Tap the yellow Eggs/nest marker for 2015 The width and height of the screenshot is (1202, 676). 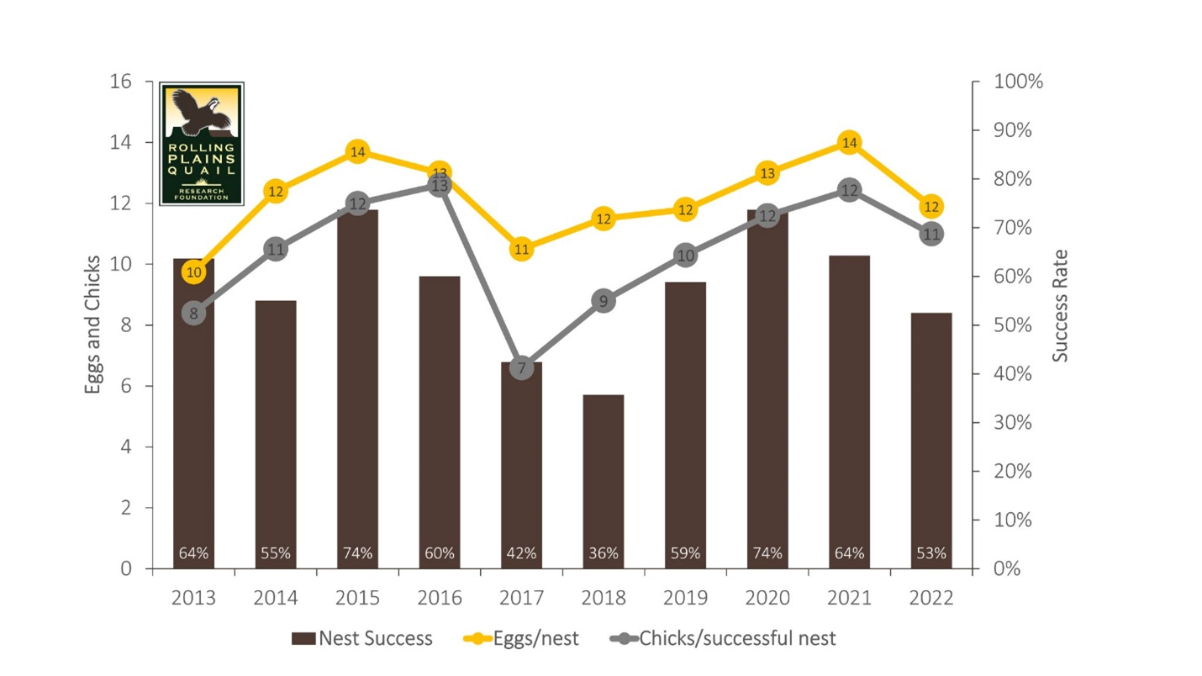[358, 152]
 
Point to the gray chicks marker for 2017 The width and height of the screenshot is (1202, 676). [522, 368]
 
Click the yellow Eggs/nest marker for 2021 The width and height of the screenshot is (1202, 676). [850, 143]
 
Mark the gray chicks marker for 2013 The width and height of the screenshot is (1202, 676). [194, 314]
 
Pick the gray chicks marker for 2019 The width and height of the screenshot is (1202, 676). [686, 256]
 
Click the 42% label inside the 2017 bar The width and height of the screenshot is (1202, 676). [522, 553]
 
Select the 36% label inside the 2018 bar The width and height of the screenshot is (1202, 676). [604, 553]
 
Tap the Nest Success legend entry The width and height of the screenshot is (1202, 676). [362, 638]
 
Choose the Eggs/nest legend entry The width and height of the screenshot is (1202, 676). [521, 638]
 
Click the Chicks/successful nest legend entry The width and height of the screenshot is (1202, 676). [723, 638]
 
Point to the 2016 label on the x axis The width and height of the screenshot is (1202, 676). [440, 598]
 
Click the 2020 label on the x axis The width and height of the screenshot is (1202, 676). [767, 598]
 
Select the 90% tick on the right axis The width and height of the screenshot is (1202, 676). [1018, 130]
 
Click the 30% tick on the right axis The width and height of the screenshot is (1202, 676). [1018, 422]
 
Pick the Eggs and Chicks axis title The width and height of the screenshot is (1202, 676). [93, 325]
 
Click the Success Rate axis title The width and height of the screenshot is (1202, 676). [1061, 305]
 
